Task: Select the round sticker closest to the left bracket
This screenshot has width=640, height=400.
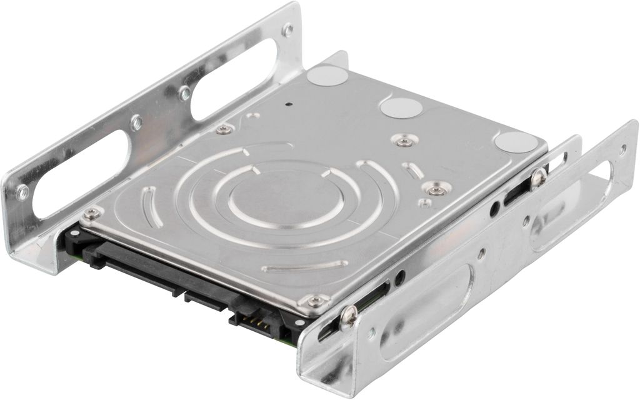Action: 327,76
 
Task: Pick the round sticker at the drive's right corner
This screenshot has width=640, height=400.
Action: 516,143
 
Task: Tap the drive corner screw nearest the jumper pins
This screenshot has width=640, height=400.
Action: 316,301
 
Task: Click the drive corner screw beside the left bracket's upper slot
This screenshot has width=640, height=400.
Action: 223,129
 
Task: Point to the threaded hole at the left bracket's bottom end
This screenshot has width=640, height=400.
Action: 22,192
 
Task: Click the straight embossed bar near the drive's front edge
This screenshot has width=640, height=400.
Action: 304,266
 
